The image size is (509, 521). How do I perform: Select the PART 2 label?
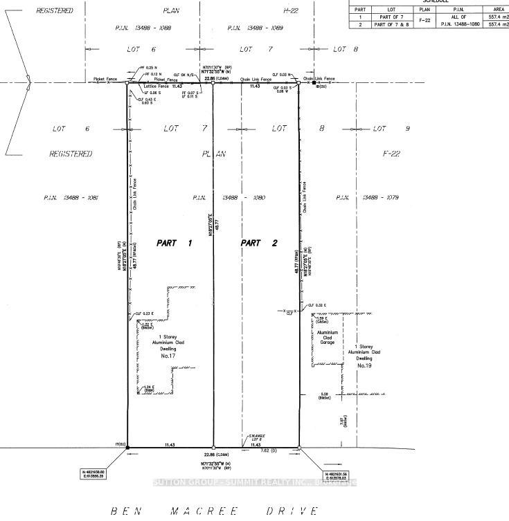click(x=259, y=243)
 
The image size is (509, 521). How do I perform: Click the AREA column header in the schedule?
click(x=495, y=9)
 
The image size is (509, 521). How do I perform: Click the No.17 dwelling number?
click(x=168, y=356)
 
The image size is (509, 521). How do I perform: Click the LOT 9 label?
click(x=391, y=129)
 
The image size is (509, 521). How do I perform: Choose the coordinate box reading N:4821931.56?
click(x=332, y=476)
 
